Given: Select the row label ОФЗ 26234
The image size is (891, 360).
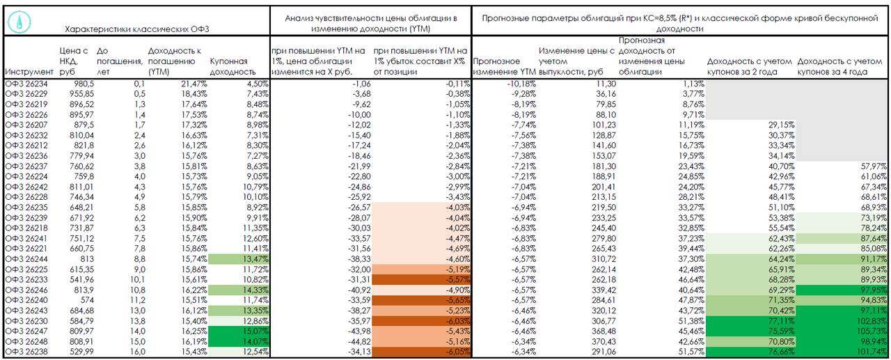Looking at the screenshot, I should [26, 84].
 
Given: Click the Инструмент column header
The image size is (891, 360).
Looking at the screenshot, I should [29, 72].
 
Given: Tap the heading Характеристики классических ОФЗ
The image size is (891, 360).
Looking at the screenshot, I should [136, 29].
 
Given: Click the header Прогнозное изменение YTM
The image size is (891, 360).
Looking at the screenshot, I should [503, 67].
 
